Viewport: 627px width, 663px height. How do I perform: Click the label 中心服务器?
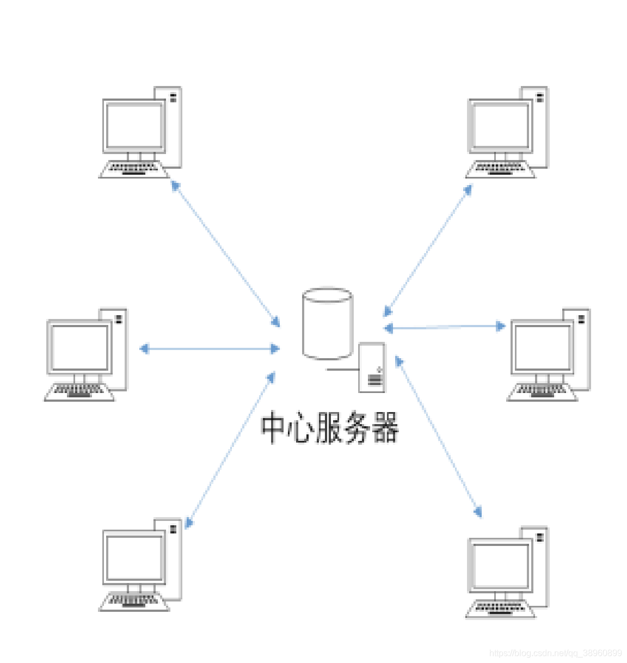coord(329,428)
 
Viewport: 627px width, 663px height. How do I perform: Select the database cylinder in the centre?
coord(327,324)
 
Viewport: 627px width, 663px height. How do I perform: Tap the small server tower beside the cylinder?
coord(372,367)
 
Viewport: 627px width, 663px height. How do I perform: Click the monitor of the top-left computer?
coord(134,126)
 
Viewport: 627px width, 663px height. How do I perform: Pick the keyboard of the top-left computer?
coord(134,169)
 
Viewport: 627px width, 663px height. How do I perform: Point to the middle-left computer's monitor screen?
coord(79,347)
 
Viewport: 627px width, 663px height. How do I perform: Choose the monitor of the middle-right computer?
coord(542,347)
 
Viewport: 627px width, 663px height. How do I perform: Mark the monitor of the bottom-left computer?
coord(134,557)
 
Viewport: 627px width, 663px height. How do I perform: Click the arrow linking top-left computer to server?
coord(225,254)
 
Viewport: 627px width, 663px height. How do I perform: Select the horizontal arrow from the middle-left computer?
coord(210,348)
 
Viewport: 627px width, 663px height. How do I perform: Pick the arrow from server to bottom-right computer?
coord(438,435)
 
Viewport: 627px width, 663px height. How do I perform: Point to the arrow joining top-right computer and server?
coord(428,250)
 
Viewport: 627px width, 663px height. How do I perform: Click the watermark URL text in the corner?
coord(555,653)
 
